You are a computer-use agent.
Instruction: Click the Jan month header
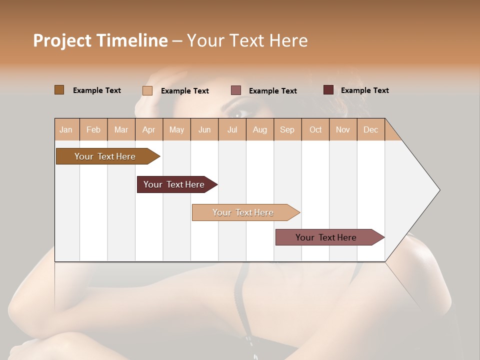coord(66,129)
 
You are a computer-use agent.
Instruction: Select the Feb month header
coord(93,129)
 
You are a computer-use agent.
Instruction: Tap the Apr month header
coord(148,129)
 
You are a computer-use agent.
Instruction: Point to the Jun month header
coord(204,129)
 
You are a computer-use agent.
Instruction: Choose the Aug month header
coord(259,129)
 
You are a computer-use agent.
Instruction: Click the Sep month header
coord(287,129)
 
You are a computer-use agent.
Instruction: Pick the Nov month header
coord(342,129)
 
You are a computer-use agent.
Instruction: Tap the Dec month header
coord(370,129)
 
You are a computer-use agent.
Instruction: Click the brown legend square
coord(59,90)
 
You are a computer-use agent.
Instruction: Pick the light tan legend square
coord(147,90)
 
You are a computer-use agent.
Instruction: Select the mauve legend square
coord(236,90)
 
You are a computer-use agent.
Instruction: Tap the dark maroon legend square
coord(328,90)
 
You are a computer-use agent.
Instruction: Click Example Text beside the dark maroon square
coord(364,90)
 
